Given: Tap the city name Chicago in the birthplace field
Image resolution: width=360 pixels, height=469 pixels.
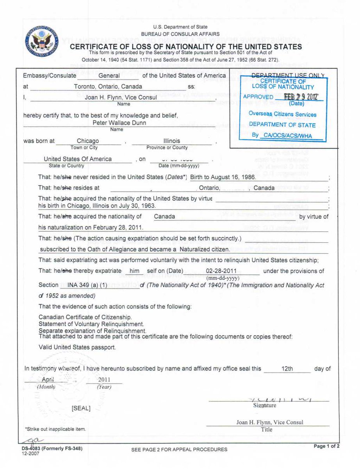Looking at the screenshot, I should coord(88,141).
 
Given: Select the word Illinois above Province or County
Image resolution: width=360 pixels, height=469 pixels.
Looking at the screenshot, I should coord(172,141).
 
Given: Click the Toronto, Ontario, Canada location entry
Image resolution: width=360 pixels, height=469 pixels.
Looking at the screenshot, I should coord(108,86).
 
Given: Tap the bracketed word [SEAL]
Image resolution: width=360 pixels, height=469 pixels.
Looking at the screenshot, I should coord(81,408).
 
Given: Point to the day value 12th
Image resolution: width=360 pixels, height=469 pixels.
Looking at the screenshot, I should coord(287,369).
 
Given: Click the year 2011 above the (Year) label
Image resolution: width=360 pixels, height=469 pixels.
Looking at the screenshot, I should coord(104,379).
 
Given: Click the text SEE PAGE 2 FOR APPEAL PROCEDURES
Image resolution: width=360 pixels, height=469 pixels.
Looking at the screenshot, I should coord(179,449).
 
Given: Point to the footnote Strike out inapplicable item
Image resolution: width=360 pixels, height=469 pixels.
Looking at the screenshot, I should coord(55,429).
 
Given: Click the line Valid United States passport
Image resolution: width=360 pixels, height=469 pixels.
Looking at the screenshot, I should coord(77,347).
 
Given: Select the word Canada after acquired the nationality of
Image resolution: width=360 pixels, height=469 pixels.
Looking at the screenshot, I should coord(164,216).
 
